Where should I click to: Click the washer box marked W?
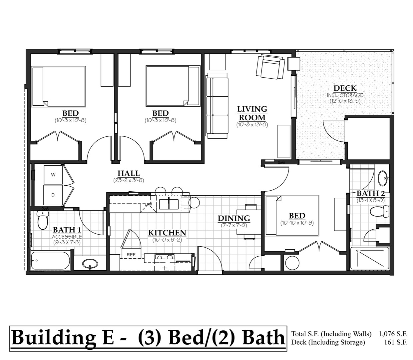point(53,175)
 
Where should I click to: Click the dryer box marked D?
point(53,195)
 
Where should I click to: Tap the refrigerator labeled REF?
point(131,255)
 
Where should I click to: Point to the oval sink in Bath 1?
point(90,265)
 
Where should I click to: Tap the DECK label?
point(345,89)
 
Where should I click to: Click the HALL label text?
point(129,173)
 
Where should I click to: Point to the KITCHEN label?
point(167,233)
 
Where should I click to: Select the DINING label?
point(234,218)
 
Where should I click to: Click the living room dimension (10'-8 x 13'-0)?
point(252,125)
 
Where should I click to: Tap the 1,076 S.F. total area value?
point(393,334)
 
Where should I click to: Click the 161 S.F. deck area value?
point(396,342)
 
